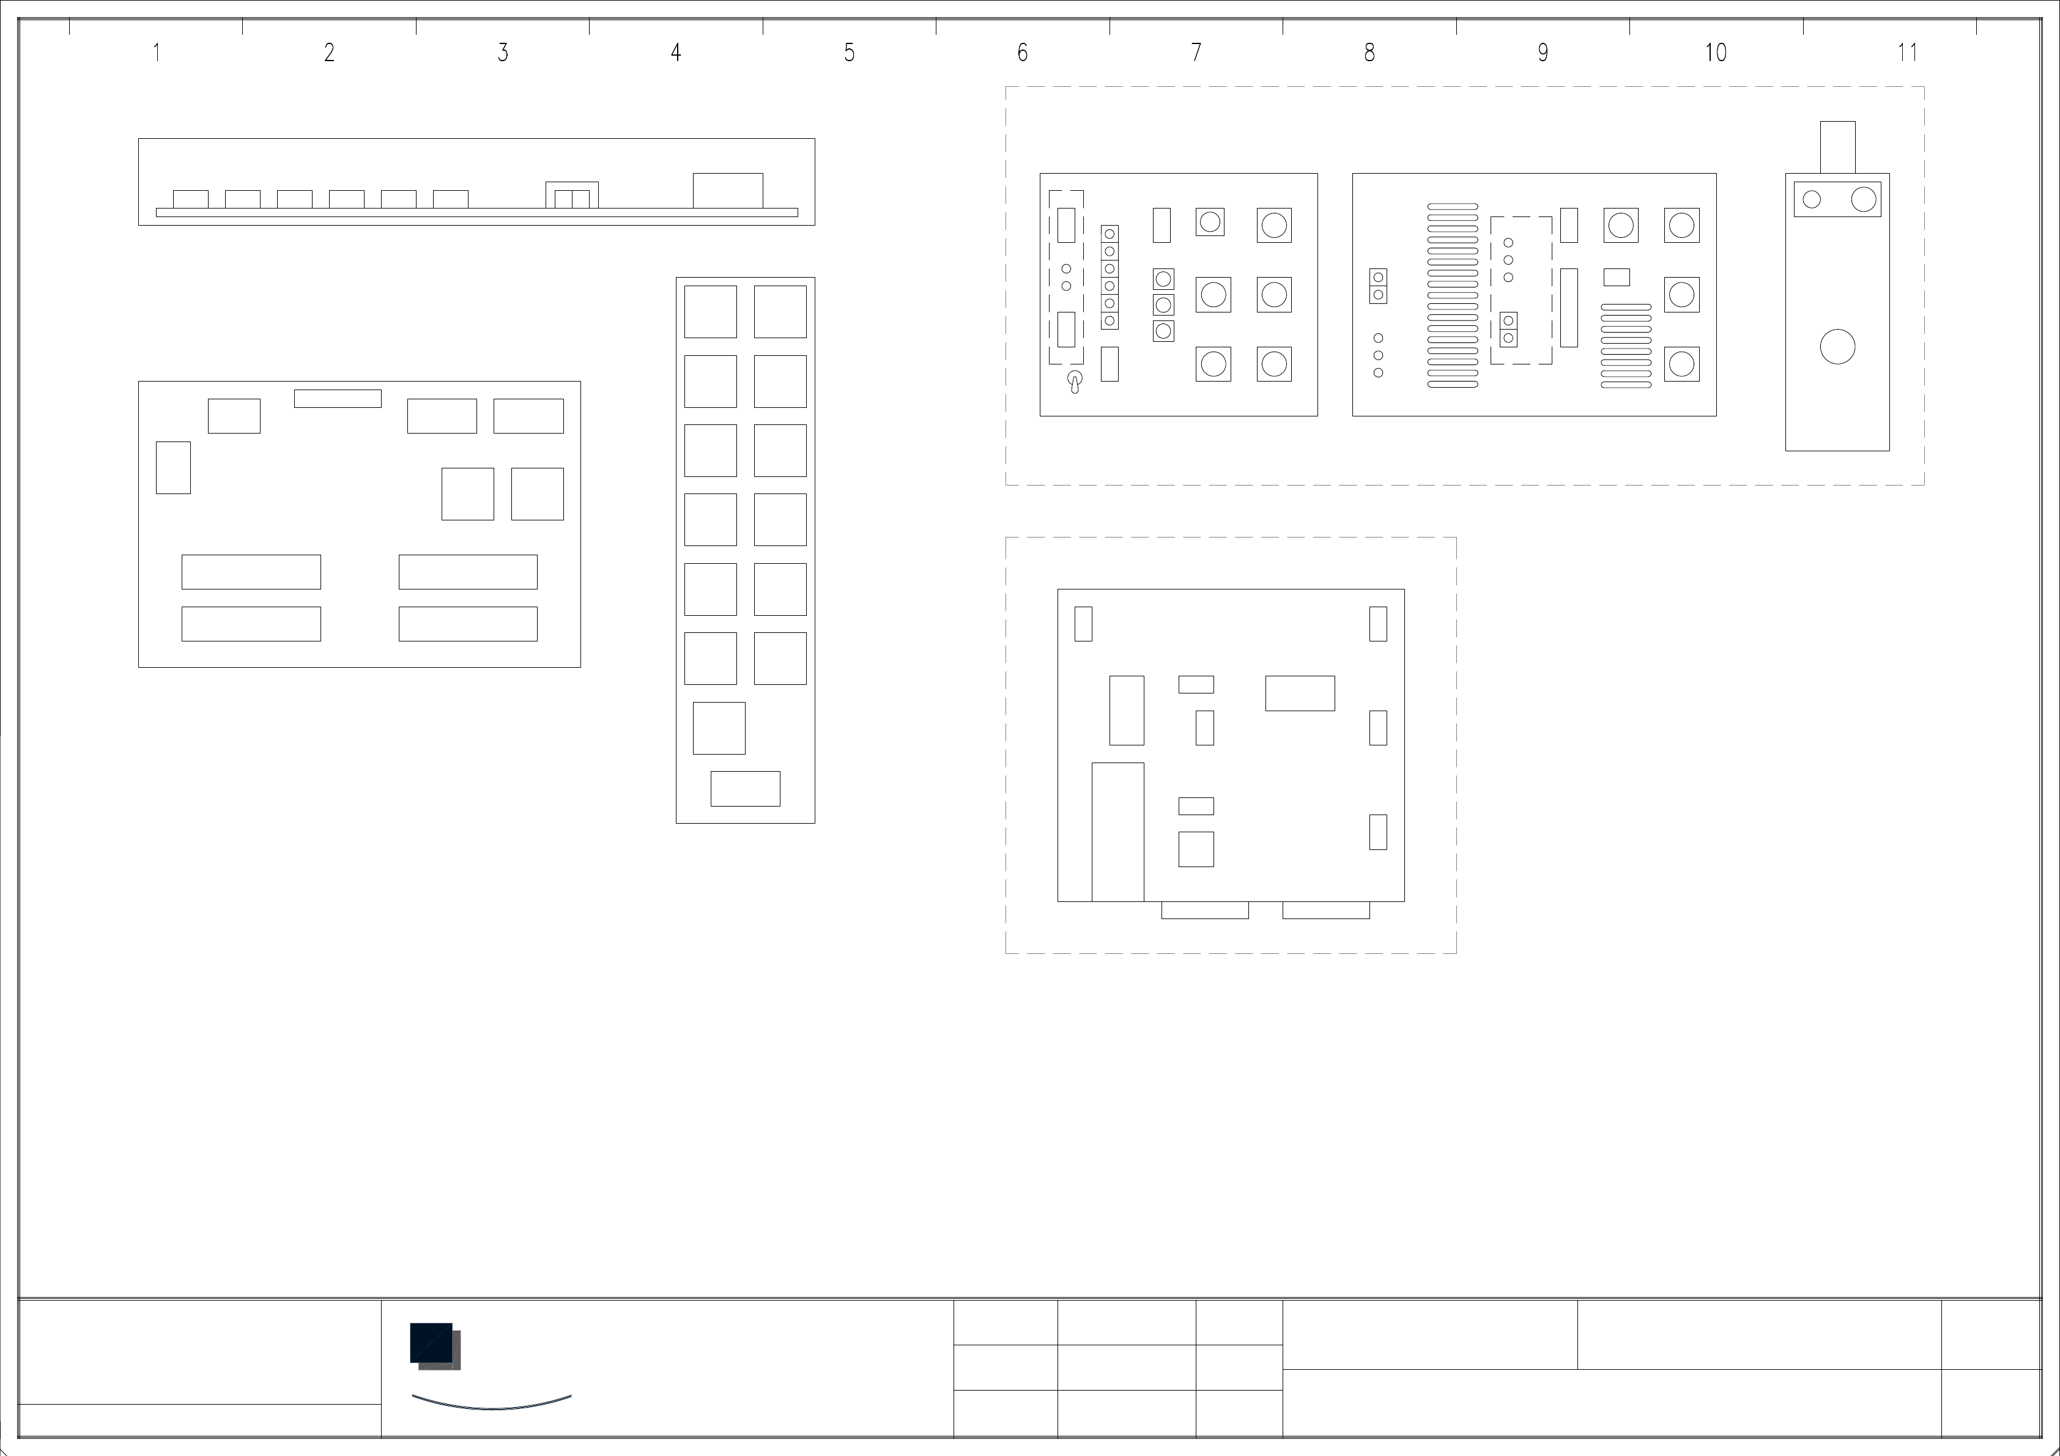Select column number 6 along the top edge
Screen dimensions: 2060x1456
pos(1022,53)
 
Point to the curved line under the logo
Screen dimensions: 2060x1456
pos(492,1408)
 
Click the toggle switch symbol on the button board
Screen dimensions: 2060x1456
pos(1074,382)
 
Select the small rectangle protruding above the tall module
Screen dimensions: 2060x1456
pos(1837,147)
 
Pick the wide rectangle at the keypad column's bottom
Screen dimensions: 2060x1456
pos(746,789)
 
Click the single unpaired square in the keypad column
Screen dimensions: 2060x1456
pos(719,728)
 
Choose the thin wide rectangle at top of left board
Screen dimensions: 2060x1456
pos(338,398)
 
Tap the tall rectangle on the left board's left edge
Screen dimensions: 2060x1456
pos(173,467)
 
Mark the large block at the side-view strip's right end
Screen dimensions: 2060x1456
pos(728,190)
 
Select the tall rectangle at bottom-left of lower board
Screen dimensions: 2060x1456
pos(1118,832)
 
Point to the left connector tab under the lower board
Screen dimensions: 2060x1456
pos(1205,910)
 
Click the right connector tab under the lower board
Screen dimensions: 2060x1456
pos(1326,910)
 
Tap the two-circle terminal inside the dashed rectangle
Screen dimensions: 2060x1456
pos(1508,329)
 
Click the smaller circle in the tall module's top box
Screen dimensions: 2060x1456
pos(1812,199)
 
